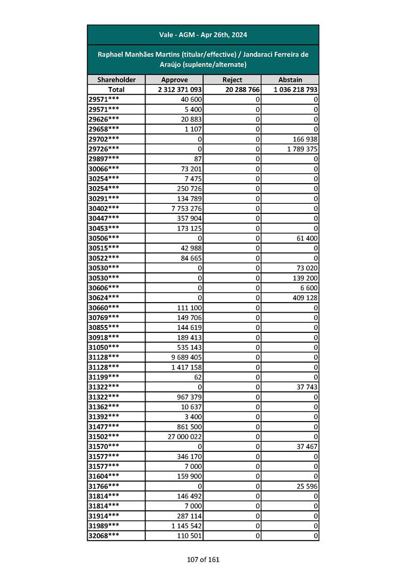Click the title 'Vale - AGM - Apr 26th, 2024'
(x=203, y=35)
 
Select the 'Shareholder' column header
(x=116, y=80)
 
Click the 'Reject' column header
(x=232, y=80)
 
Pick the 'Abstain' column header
(x=290, y=80)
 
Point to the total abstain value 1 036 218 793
(x=296, y=90)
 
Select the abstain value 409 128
(x=303, y=298)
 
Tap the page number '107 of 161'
(x=203, y=559)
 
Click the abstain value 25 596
(x=306, y=486)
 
